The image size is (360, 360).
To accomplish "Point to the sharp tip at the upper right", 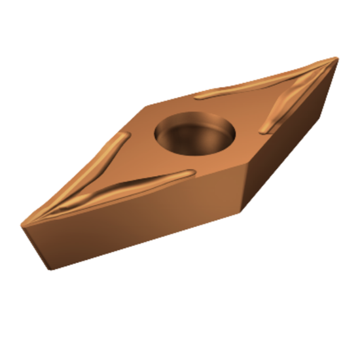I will click(336, 58).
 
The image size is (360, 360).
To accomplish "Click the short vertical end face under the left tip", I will click(36, 246).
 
